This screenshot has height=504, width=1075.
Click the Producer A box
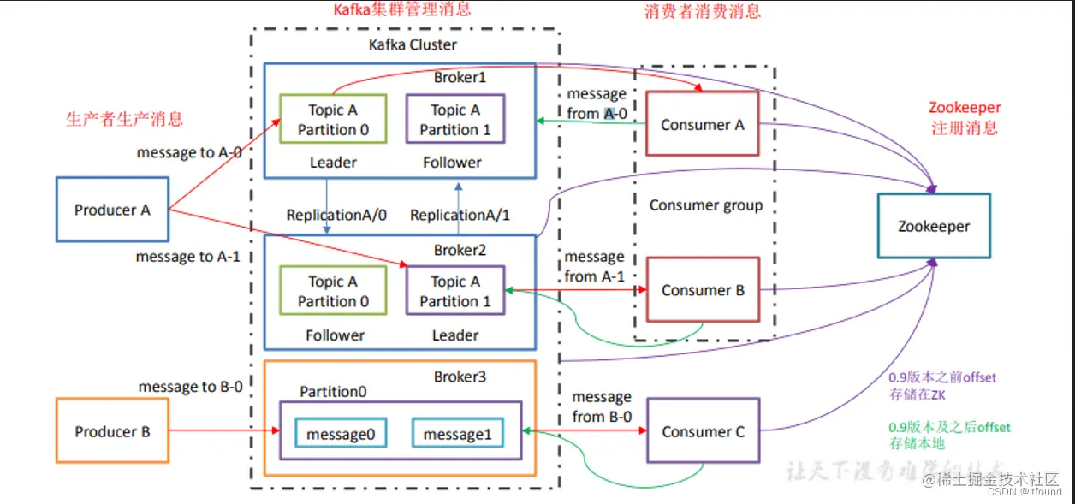coord(112,210)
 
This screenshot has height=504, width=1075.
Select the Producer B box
coord(112,432)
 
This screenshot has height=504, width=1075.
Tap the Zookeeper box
coord(934,227)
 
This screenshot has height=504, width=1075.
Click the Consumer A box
coord(702,125)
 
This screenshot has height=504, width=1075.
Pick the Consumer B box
coord(703,290)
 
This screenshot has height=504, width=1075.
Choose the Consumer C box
coord(703,432)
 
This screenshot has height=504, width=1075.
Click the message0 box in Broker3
coord(341,434)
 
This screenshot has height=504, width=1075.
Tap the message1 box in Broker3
coord(457,434)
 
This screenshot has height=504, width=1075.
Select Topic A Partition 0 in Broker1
coord(333,120)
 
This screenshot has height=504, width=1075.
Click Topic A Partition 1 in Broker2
coord(455,291)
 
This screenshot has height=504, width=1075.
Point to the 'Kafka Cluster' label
coord(413,44)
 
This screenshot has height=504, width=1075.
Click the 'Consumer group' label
coord(705,205)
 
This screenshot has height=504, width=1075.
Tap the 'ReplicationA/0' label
coord(336,215)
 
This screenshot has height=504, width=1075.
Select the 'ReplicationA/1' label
coord(460,215)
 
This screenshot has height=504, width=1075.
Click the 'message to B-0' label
coord(190,387)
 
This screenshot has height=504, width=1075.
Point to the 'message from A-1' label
coord(594,266)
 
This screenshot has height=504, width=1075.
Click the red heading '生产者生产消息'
coord(124,119)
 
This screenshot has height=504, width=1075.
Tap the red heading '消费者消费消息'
coord(702,11)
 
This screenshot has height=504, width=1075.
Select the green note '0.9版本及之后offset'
coord(949,427)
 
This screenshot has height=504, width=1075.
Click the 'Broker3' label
coord(460,377)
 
